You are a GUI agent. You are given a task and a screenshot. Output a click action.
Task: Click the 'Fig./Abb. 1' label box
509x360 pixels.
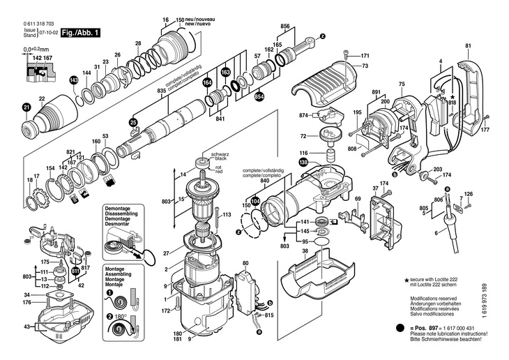[x=81, y=32]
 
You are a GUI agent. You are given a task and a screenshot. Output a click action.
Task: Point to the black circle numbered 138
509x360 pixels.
[x=303, y=163]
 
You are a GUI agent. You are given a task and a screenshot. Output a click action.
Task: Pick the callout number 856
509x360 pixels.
[x=284, y=25]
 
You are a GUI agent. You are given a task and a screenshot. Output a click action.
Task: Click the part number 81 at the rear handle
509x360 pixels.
[x=467, y=47]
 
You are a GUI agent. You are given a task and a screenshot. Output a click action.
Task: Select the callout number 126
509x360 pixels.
[x=469, y=194]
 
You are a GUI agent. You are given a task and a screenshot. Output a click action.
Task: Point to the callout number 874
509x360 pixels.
[x=303, y=115]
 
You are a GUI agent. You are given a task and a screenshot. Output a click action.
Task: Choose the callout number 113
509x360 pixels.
[x=227, y=216]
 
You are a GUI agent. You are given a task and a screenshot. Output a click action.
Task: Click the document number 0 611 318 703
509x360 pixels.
[x=39, y=24]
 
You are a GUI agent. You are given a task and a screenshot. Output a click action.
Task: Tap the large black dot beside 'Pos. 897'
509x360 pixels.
[x=400, y=328]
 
